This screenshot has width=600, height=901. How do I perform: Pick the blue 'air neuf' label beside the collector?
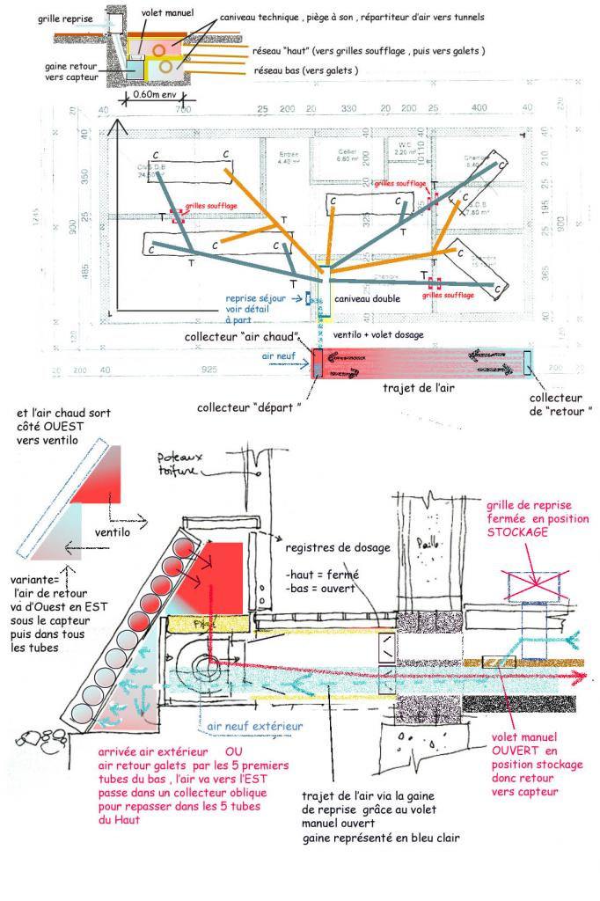coord(280,355)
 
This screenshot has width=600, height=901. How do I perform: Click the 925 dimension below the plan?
coord(211,370)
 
